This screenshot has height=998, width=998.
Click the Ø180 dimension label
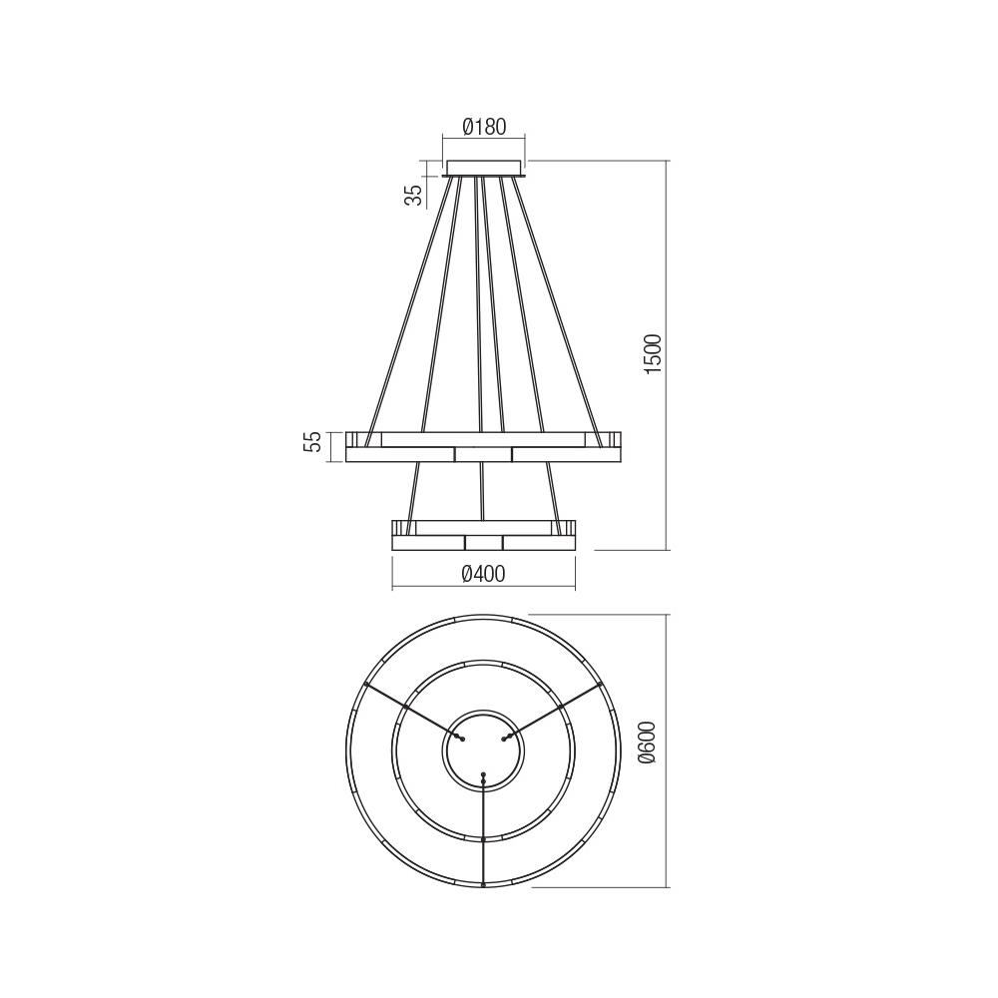[484, 127]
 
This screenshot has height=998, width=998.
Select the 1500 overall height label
[653, 354]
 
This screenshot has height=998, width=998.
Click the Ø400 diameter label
[483, 573]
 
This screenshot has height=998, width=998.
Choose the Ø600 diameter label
[649, 743]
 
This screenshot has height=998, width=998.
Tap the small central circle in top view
[483, 751]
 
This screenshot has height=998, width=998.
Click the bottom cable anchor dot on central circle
[483, 775]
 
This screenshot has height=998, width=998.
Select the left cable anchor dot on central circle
[459, 737]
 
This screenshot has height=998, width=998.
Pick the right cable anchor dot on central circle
[507, 738]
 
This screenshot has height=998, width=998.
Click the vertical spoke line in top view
[483, 833]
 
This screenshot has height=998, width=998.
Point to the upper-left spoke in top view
[409, 709]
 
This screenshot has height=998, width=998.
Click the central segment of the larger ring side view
[483, 454]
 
